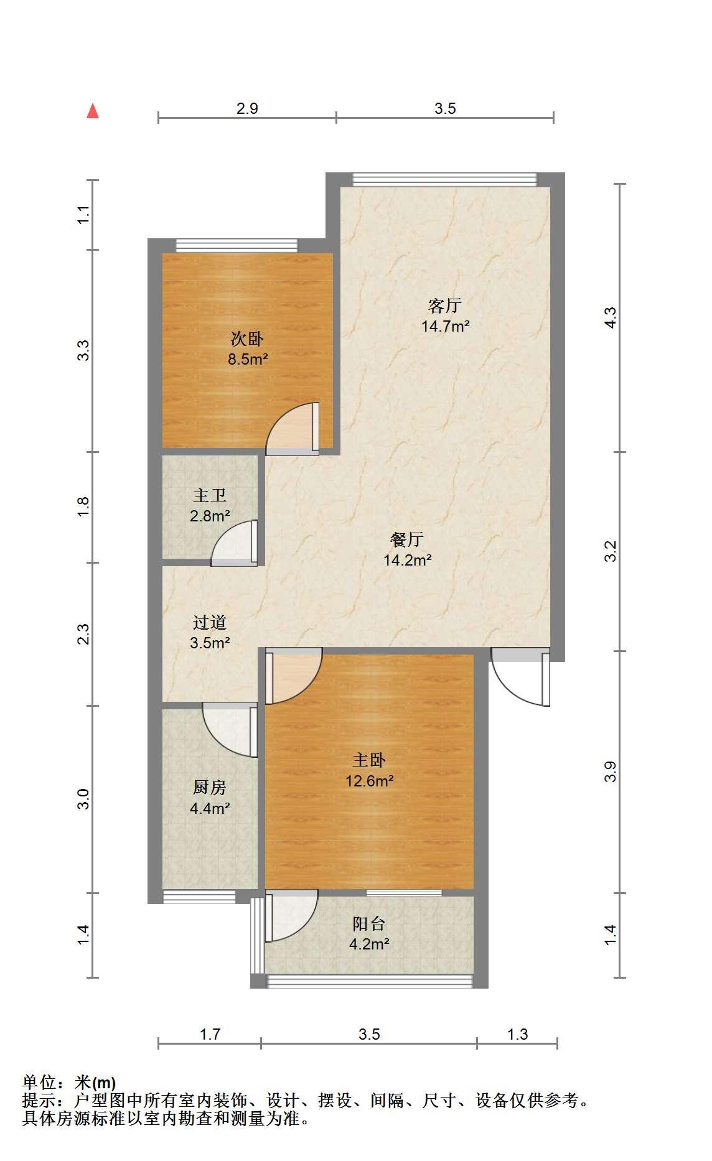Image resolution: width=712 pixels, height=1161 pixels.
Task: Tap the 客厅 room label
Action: tap(444, 305)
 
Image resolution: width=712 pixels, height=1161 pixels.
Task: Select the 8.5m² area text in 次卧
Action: tap(248, 359)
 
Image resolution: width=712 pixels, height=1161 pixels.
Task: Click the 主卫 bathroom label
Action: tap(210, 495)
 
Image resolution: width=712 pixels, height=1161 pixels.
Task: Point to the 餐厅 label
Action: tap(407, 539)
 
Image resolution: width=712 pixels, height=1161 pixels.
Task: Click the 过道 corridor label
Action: tap(210, 622)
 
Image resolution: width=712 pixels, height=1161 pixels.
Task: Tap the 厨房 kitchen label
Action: tap(210, 788)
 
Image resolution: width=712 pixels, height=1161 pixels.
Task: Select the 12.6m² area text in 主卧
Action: tap(370, 780)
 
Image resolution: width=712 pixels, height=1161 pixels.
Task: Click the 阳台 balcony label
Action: tap(369, 923)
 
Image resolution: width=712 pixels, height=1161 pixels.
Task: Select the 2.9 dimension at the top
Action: tap(247, 108)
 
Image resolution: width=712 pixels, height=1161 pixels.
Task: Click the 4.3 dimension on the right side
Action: tap(611, 318)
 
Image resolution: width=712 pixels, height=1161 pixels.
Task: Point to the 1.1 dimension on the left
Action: tap(84, 215)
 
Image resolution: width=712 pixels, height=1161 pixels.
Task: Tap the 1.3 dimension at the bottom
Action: tap(517, 1034)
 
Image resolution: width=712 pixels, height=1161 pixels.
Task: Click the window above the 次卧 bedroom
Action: tap(236, 245)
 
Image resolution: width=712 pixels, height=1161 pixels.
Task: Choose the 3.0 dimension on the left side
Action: tap(84, 799)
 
